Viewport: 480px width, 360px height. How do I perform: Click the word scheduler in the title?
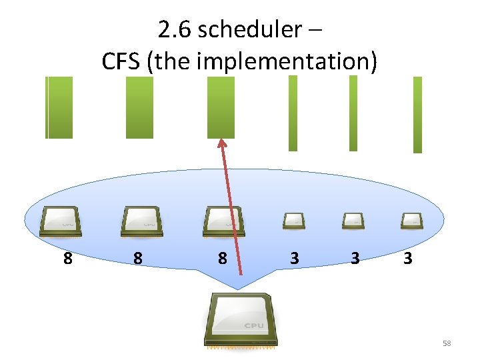(256, 30)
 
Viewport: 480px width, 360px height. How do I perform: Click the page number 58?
(447, 343)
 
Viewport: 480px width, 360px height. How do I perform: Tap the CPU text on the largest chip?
(253, 325)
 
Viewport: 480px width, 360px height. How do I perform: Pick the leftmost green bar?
(59, 107)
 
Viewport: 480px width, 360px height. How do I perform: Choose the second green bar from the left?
(139, 107)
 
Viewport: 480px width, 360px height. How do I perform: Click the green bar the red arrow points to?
(221, 107)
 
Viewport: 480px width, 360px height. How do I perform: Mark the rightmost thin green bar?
(417, 115)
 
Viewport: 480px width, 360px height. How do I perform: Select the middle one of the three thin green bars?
(353, 113)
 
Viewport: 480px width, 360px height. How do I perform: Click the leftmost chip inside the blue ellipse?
(61, 221)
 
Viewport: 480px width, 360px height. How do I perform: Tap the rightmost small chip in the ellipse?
(411, 221)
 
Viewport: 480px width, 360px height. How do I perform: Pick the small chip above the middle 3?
(353, 221)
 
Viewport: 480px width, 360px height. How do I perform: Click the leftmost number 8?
(67, 258)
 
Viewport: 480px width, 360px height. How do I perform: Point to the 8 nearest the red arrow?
(222, 258)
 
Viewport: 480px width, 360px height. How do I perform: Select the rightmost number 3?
(407, 258)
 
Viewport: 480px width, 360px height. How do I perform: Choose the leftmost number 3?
(294, 258)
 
